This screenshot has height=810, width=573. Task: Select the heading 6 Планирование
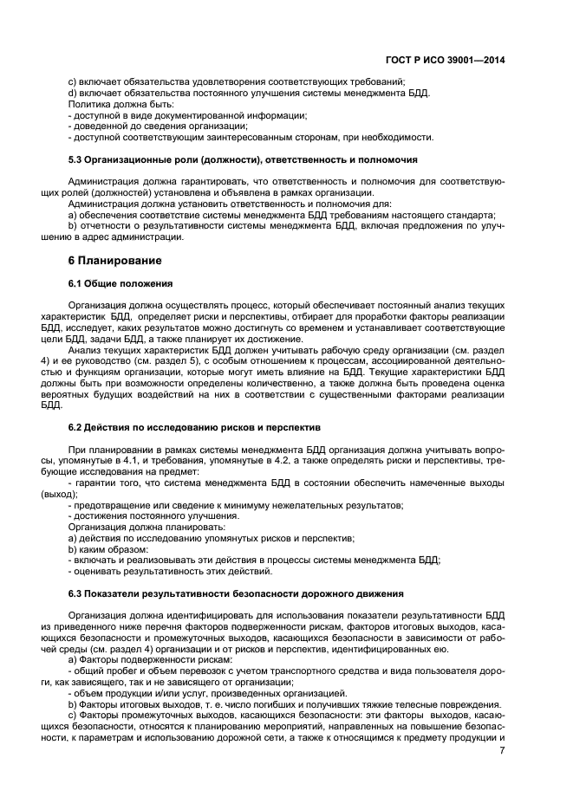tap(116, 259)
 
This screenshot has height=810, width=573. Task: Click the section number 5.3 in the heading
tap(76, 160)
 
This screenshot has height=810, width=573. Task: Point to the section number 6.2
tap(76, 427)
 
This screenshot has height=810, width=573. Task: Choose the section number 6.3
tap(76, 593)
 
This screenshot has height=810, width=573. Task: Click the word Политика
tap(90, 104)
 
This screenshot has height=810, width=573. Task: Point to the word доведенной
tap(101, 126)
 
